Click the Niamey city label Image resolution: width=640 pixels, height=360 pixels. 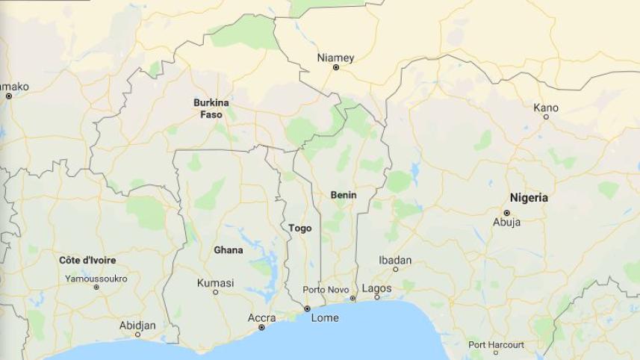pos(335,58)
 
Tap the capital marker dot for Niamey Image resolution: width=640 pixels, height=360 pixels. pos(336,68)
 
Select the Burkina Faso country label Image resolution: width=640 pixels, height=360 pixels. pos(211,108)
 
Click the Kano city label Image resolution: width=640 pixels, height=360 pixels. pos(546,108)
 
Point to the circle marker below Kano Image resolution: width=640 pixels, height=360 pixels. pos(546,117)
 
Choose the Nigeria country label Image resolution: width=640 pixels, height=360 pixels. pos(529,198)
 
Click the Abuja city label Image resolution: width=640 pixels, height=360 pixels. pos(506,222)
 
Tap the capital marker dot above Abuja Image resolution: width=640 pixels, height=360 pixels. pos(506,213)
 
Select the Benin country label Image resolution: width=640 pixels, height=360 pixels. pos(344,195)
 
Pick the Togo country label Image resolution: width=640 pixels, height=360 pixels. pos(299,228)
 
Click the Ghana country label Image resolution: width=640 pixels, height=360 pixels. pos(228,250)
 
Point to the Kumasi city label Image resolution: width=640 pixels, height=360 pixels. pos(215,283)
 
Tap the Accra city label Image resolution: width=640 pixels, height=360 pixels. pos(261,318)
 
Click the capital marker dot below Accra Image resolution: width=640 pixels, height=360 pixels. pos(261,327)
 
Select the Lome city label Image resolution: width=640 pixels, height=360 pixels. pos(325,317)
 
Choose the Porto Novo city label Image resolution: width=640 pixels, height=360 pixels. pos(326,289)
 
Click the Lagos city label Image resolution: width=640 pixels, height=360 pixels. pos(376,288)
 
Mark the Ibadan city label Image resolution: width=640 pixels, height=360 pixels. pos(395,260)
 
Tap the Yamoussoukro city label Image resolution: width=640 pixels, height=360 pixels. pos(96,279)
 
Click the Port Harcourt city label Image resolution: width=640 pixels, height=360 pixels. pos(496,344)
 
